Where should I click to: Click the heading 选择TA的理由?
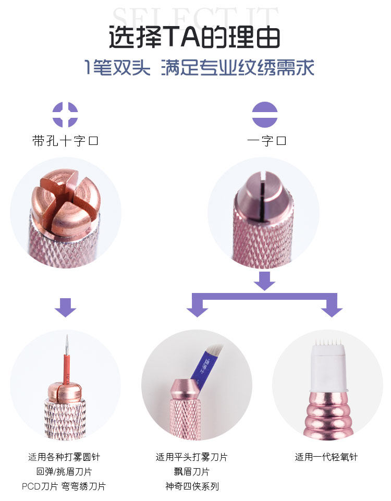[194, 38]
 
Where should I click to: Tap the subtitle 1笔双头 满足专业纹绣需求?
[199, 68]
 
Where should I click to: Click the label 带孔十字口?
[65, 141]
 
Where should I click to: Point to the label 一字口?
[266, 141]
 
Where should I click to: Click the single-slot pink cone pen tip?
[263, 198]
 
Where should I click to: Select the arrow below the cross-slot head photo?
[65, 307]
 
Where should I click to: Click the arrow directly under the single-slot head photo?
[264, 282]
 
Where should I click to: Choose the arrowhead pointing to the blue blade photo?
[197, 310]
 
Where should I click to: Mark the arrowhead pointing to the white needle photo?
[332, 310]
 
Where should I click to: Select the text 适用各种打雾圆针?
[64, 457]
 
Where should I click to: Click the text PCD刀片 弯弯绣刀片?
[64, 486]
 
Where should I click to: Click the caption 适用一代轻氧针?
[326, 457]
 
